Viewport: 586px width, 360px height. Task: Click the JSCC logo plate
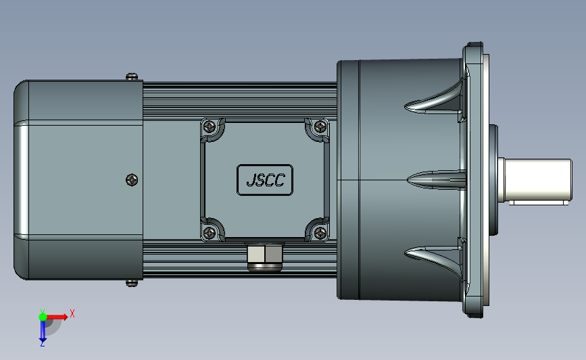click(265, 180)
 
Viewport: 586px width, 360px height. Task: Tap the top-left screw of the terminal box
click(210, 127)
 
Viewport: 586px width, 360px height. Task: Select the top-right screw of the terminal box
click(320, 127)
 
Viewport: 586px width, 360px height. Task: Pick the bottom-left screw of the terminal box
click(210, 234)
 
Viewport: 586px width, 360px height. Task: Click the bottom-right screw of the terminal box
click(320, 234)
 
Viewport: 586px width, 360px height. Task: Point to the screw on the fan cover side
click(132, 180)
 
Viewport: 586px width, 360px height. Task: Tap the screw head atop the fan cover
click(132, 76)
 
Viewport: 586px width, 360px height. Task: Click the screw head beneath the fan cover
click(132, 284)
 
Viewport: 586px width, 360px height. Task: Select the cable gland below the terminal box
click(264, 257)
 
